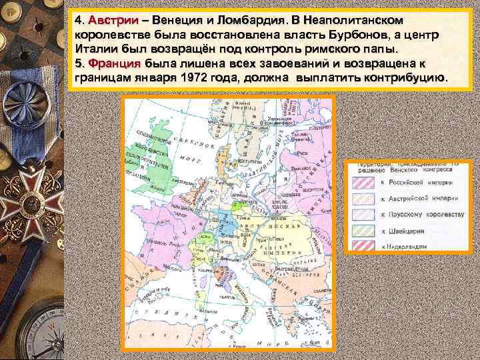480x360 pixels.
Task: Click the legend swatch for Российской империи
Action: point(365,181)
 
